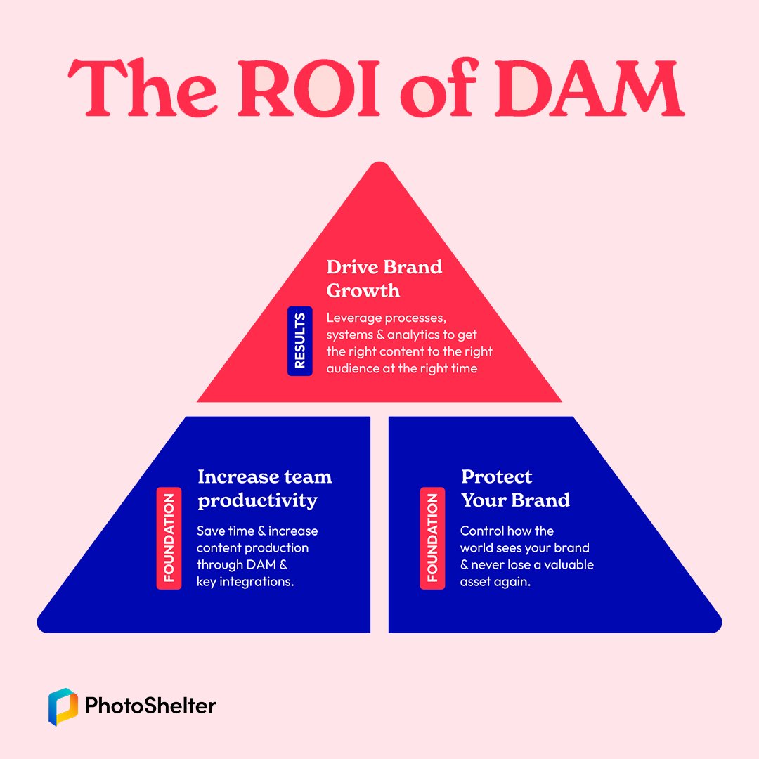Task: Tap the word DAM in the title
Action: tap(590, 89)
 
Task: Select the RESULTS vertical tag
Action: tap(300, 341)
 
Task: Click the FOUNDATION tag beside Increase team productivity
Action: tap(169, 538)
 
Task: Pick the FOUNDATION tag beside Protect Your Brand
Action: tap(432, 538)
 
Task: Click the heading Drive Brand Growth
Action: tap(384, 279)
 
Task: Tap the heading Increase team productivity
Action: tap(265, 489)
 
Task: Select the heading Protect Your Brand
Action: tap(516, 488)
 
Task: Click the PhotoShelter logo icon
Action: tap(63, 707)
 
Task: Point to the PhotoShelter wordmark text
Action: tap(150, 706)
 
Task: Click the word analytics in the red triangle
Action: tap(414, 335)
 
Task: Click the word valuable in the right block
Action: tap(569, 564)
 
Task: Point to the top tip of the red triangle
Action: tap(380, 162)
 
